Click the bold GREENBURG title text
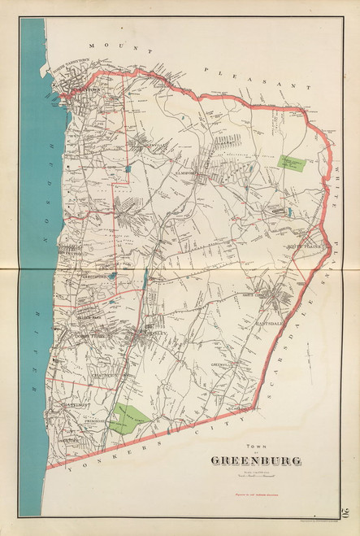pyautogui.click(x=255, y=461)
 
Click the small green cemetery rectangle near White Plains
pyautogui.click(x=292, y=161)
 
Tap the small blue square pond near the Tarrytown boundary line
pyautogui.click(x=128, y=168)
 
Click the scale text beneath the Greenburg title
pyautogui.click(x=255, y=475)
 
